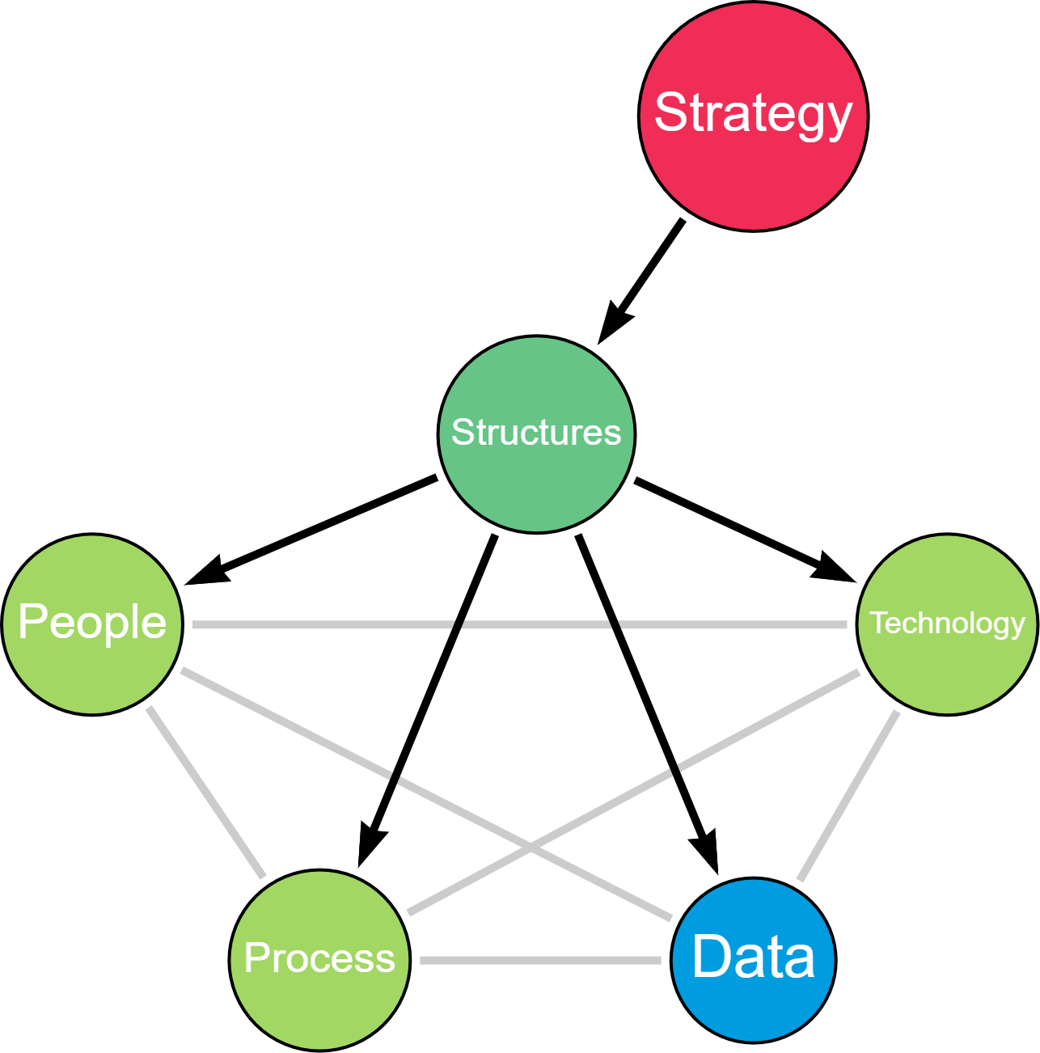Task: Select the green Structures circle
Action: point(536,485)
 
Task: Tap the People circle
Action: point(92,671)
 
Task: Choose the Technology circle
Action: point(947,671)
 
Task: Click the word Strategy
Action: point(753,113)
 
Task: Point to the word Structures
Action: point(536,433)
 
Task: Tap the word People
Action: point(92,622)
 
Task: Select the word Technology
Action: point(947,623)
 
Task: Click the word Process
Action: point(319,958)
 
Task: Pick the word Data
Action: point(753,957)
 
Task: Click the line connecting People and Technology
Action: point(323,624)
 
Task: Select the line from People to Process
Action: point(205,792)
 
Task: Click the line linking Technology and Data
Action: point(848,796)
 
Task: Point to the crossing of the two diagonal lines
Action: point(531,848)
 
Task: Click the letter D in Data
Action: point(709,957)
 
